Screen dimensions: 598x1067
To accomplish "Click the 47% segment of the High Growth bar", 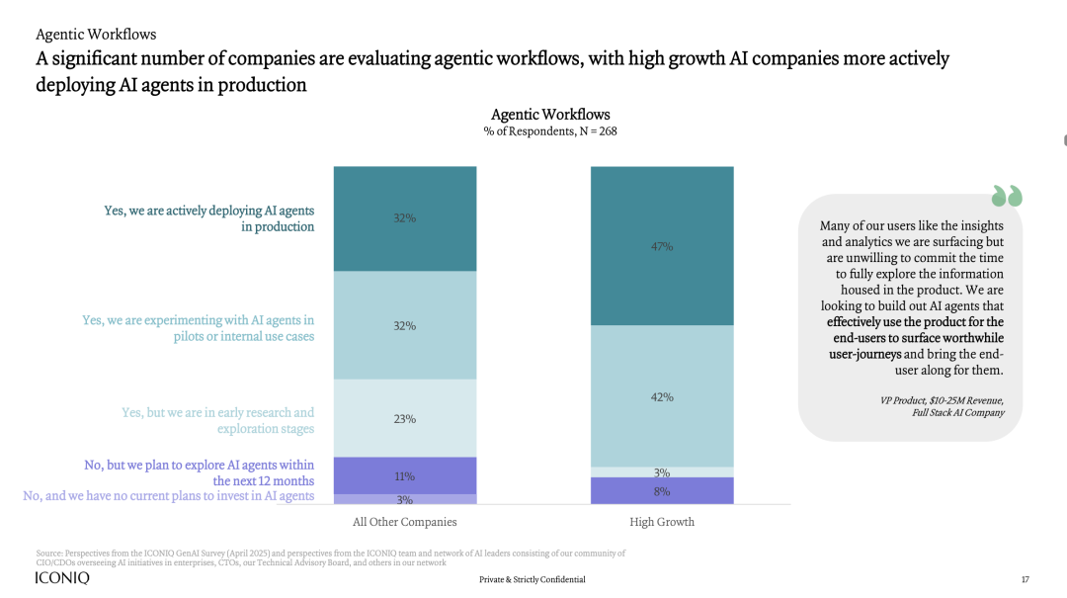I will coord(662,246).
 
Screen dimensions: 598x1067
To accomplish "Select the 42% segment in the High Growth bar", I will coord(662,396).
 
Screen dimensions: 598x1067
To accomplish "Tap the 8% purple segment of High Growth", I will coord(662,491).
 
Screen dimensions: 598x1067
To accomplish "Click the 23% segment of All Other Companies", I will coord(405,418).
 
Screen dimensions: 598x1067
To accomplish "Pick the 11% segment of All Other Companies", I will coord(405,475).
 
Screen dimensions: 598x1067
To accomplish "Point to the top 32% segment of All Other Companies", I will coord(405,218).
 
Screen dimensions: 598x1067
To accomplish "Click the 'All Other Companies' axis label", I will coord(405,522).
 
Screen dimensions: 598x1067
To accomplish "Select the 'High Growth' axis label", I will coord(662,522).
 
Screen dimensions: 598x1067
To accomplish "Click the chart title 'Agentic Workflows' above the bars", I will coord(550,115).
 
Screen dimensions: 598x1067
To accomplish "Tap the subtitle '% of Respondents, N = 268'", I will coord(550,131).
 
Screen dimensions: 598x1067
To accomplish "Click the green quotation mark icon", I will coord(1007,196).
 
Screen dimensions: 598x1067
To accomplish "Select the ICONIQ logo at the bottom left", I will coord(61,578).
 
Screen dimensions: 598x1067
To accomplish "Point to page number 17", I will coord(1025,579).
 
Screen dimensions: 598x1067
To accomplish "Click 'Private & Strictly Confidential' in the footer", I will coord(533,579).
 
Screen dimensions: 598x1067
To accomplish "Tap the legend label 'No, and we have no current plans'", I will coord(169,496).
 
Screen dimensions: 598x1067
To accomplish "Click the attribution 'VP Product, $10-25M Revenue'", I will coord(942,400).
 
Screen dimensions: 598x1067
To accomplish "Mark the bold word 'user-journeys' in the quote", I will coord(863,354).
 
